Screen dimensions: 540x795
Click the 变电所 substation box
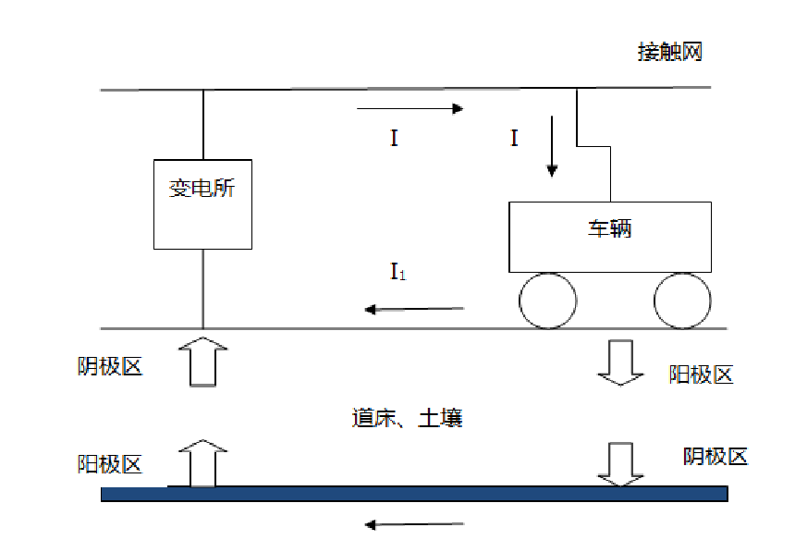(202, 203)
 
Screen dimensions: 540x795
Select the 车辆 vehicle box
(611, 239)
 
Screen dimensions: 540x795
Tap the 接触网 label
(670, 52)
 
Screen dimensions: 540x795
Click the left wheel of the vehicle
(547, 301)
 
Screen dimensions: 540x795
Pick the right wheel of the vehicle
(682, 301)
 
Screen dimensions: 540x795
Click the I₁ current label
(397, 272)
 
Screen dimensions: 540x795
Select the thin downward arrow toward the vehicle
(552, 146)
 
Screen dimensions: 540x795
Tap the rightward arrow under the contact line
(410, 109)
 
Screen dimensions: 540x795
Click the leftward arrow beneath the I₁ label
(414, 309)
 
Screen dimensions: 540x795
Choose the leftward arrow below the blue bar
(414, 525)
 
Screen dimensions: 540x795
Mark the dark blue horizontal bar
(414, 495)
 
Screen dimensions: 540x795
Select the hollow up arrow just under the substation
(202, 362)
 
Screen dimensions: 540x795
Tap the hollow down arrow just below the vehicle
(620, 362)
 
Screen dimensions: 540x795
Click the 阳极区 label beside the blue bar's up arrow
(110, 463)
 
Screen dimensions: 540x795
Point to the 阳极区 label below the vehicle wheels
(701, 374)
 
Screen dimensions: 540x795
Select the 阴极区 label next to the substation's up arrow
(110, 366)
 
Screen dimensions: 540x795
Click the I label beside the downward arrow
(514, 139)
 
